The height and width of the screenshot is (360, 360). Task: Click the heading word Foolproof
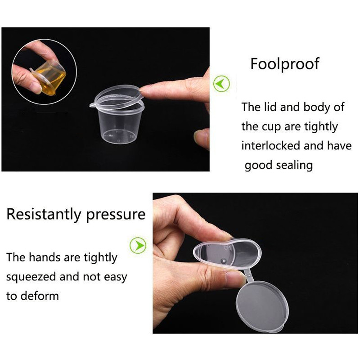(285, 64)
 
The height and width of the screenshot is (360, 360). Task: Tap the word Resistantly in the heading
(44, 214)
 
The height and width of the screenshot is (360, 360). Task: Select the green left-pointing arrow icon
(221, 84)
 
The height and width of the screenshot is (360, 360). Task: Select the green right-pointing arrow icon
(138, 245)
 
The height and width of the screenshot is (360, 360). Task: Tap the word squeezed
(31, 277)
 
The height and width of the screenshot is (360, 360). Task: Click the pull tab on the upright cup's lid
(93, 105)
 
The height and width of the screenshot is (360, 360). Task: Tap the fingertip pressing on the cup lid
(144, 90)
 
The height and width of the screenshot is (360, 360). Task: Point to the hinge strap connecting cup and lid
(249, 275)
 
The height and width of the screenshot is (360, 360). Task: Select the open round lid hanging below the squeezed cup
(262, 306)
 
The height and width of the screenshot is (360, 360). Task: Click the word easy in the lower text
(116, 277)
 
